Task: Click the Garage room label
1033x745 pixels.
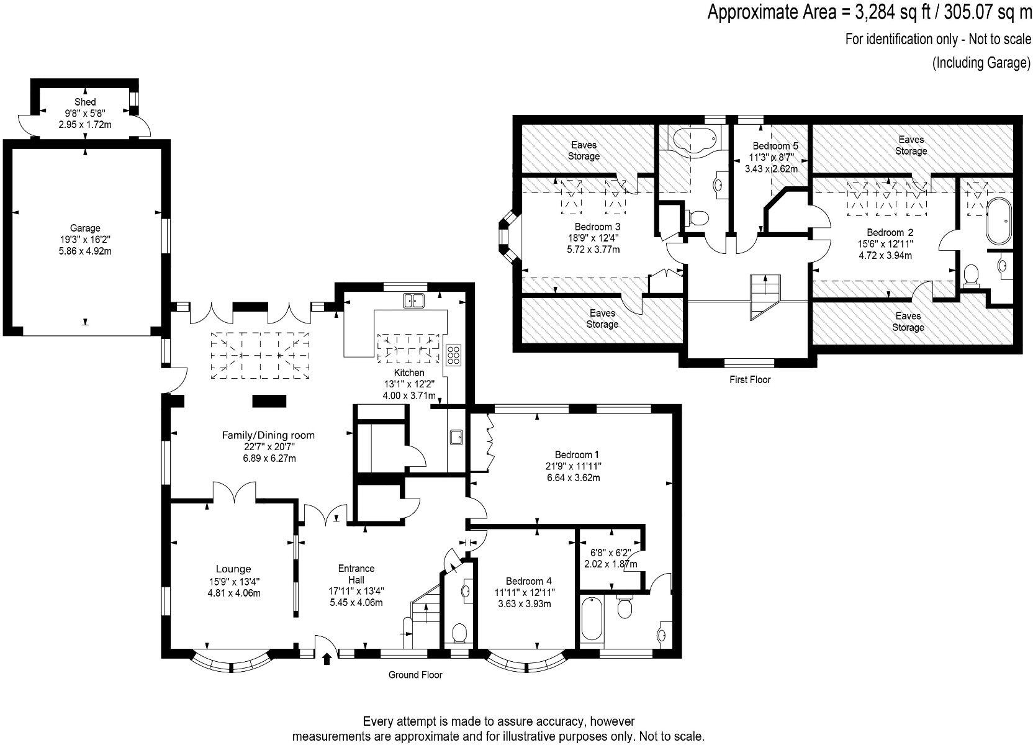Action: pos(85,228)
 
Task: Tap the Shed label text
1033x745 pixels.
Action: pos(85,102)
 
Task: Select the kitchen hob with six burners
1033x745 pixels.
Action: pos(453,355)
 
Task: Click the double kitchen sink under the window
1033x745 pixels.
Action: pos(414,300)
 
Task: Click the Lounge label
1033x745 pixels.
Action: pos(233,569)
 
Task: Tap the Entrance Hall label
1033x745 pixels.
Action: pos(356,574)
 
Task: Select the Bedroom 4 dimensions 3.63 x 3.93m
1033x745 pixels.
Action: pos(525,604)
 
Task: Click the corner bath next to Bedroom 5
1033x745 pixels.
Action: pos(695,141)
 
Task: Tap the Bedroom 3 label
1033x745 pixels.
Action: pos(597,227)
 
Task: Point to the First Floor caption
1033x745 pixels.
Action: pos(750,380)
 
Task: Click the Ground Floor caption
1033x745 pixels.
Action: pos(415,675)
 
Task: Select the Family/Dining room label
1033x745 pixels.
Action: pos(268,435)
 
